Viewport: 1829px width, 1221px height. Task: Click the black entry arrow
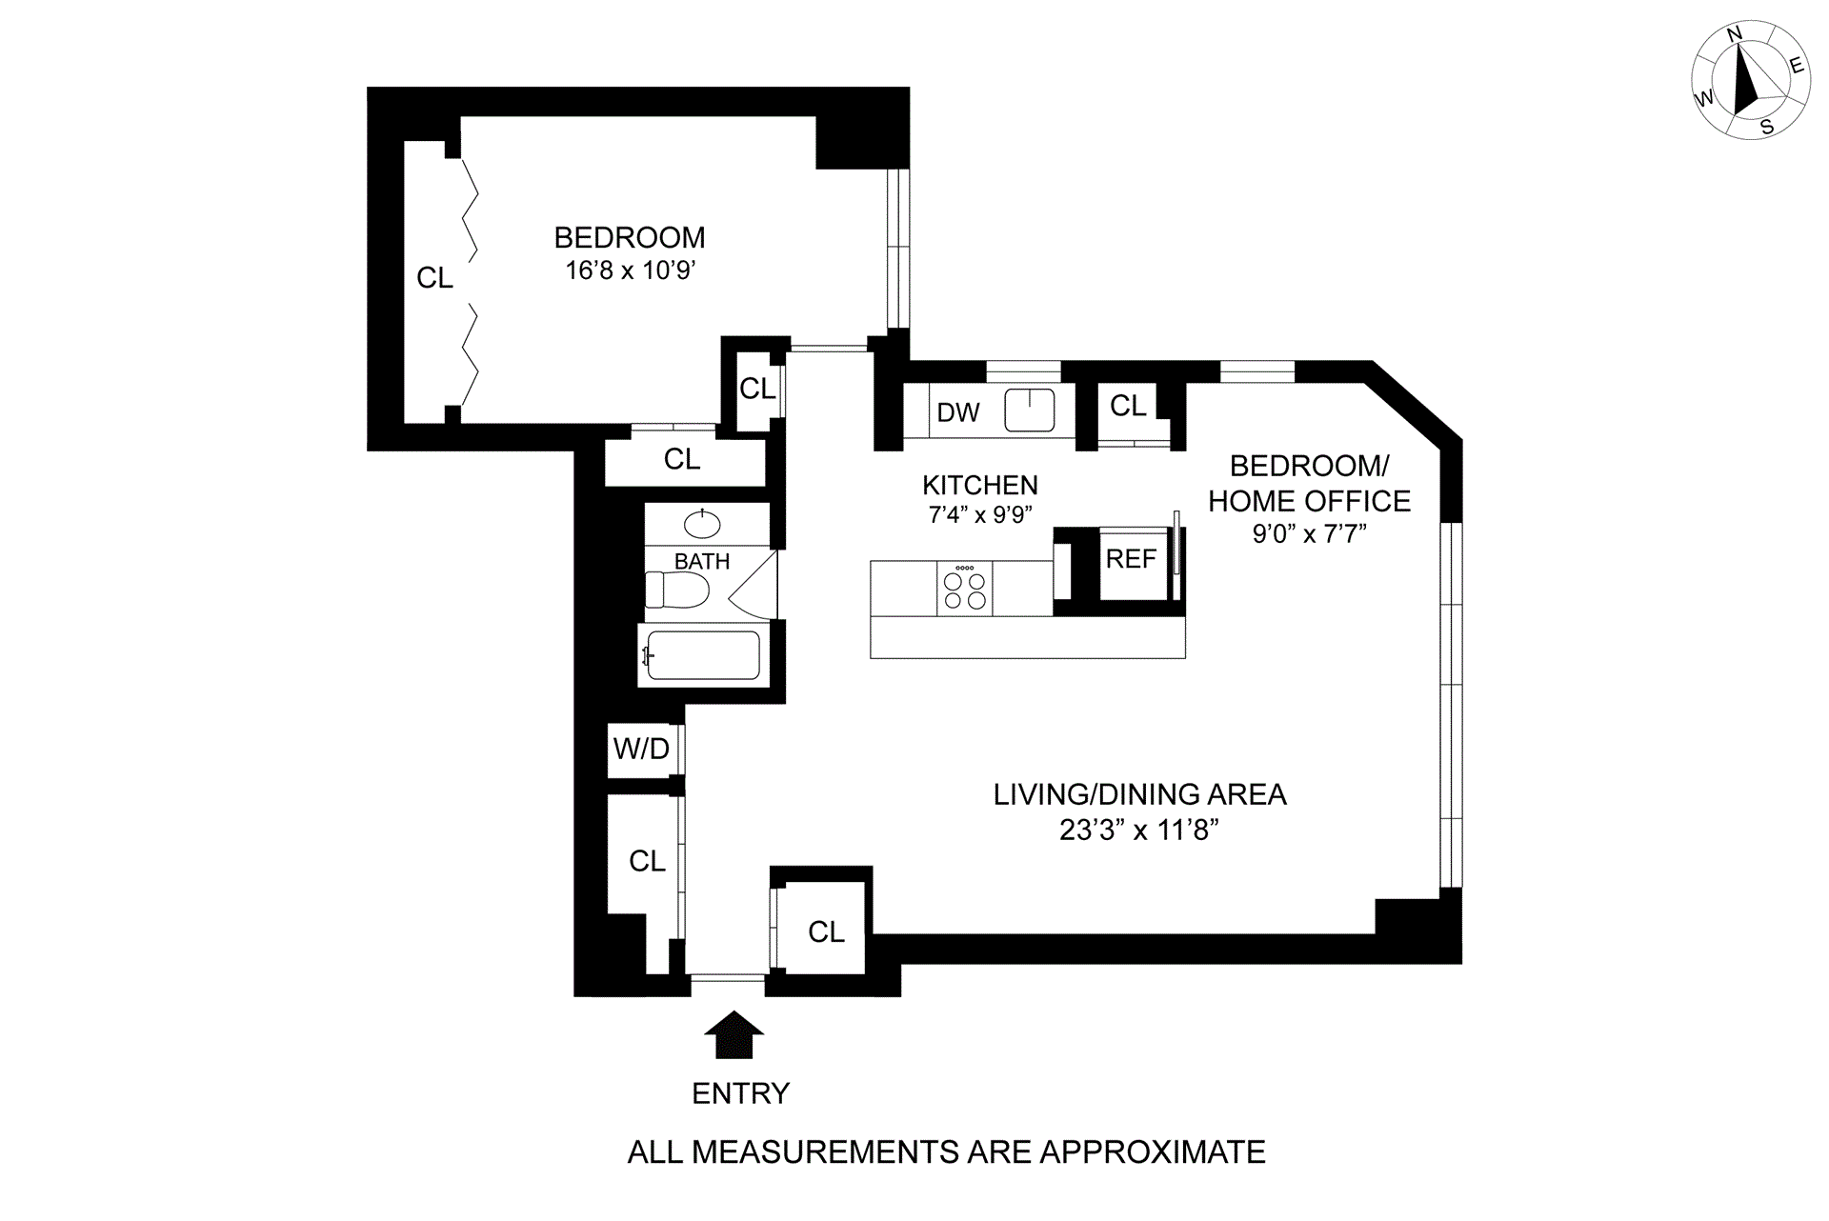[734, 1034]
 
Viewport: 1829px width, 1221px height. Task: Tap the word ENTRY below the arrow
[740, 1093]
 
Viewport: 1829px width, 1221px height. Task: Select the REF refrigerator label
[1131, 559]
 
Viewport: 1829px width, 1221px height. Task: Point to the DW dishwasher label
[957, 412]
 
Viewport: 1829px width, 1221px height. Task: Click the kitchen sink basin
[1030, 410]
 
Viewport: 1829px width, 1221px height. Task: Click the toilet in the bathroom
[676, 590]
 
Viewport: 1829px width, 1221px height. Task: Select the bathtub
[703, 655]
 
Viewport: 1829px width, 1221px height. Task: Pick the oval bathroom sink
[703, 524]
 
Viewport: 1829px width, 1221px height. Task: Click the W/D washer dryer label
[641, 750]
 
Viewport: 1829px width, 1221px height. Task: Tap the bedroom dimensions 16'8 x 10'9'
[630, 270]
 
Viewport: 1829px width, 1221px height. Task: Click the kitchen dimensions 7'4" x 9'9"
[980, 515]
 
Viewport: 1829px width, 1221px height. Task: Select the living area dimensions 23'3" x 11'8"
[1139, 831]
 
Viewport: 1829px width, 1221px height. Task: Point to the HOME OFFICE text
[1309, 501]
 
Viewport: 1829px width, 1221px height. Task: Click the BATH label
[702, 562]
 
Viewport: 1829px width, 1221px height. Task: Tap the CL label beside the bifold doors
[434, 278]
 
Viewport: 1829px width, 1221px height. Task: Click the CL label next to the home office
[1128, 406]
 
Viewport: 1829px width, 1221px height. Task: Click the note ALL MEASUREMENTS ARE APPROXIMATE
[946, 1152]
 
